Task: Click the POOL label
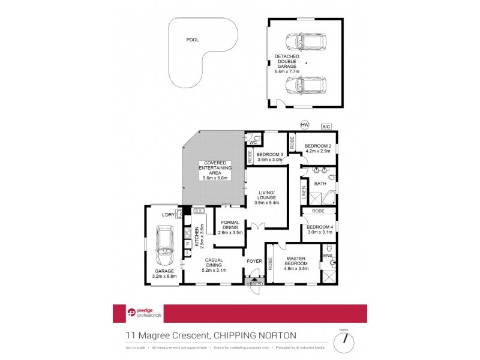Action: (192, 40)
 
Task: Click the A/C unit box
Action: (326, 127)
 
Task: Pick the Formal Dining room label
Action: (230, 225)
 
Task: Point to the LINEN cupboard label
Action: (304, 193)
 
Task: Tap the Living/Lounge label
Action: (265, 196)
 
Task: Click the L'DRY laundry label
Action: (168, 214)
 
